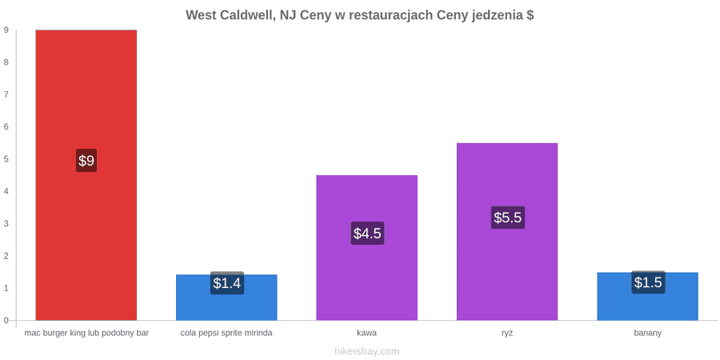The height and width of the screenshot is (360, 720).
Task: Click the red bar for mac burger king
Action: tap(86, 175)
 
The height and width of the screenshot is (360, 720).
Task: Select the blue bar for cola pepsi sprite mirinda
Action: tap(226, 298)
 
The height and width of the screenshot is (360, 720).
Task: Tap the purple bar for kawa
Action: tap(367, 247)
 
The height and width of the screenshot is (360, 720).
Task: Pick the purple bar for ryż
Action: tap(507, 231)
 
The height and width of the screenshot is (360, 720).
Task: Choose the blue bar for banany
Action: tap(647, 296)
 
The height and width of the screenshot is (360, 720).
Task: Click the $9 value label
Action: tap(86, 161)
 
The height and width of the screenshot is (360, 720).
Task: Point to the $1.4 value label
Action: tap(227, 283)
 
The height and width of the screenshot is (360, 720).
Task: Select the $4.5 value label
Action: tap(367, 234)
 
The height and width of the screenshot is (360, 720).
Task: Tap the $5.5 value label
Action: tap(508, 218)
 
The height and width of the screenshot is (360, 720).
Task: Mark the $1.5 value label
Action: tap(648, 282)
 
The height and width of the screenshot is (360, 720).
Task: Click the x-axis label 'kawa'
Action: tap(367, 333)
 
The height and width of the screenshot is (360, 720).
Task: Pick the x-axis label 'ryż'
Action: tap(507, 333)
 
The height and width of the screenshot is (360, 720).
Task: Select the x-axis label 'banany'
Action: tap(648, 334)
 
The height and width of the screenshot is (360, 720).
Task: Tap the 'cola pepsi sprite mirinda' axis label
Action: tap(226, 334)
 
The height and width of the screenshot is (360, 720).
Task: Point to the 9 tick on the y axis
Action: tap(6, 30)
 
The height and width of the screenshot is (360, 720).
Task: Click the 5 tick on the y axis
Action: tap(6, 159)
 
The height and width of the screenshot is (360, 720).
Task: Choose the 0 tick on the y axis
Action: tap(6, 320)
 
